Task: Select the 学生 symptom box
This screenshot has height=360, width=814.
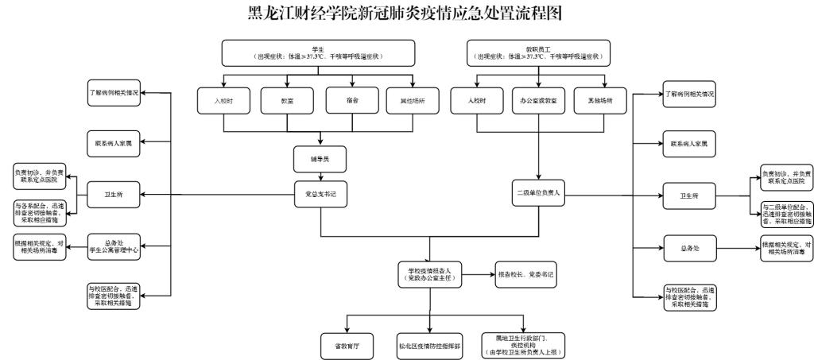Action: (320, 53)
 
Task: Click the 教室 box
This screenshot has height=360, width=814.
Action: (287, 101)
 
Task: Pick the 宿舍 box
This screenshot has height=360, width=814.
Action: (351, 101)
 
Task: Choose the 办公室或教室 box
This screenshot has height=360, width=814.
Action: (540, 101)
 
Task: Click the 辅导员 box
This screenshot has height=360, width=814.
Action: (320, 158)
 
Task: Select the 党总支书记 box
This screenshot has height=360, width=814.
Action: (320, 192)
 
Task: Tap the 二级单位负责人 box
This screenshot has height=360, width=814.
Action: (540, 193)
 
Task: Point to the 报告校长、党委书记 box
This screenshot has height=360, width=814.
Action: (524, 274)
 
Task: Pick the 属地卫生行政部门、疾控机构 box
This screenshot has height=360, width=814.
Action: (524, 344)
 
